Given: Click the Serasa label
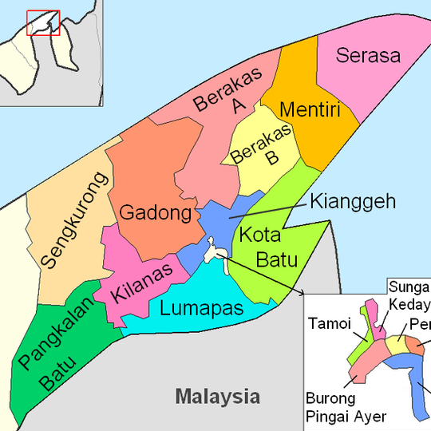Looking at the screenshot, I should [368, 55].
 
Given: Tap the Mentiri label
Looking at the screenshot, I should [310, 109].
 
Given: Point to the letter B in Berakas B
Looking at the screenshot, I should [272, 158].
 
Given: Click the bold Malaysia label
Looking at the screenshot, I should [218, 396].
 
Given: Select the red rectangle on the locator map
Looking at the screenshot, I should [43, 22].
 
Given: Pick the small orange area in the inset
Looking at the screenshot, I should [416, 345].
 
